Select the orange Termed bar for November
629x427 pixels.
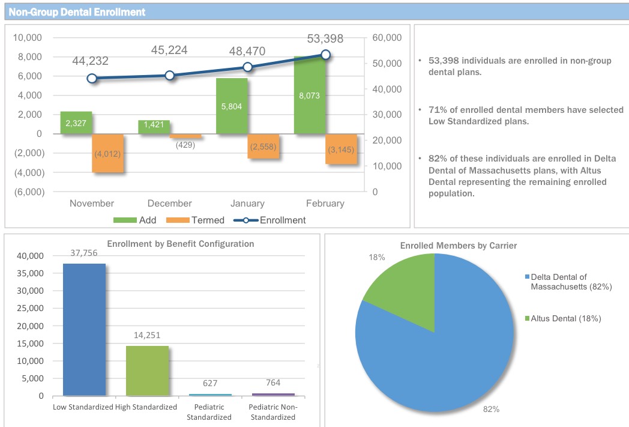point(107,153)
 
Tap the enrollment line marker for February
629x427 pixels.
point(325,55)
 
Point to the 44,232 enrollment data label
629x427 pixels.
point(91,61)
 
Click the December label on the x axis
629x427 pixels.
point(170,204)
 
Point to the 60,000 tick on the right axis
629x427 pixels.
point(387,38)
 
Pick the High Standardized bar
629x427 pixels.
point(147,371)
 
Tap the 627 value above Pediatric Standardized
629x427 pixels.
point(210,383)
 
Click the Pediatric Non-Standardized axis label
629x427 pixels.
point(273,412)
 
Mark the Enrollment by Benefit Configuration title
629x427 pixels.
point(180,244)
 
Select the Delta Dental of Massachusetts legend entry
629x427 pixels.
point(570,282)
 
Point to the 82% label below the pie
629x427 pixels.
point(491,409)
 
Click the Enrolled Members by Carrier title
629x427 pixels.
point(459,246)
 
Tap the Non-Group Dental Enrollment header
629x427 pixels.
point(77,11)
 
